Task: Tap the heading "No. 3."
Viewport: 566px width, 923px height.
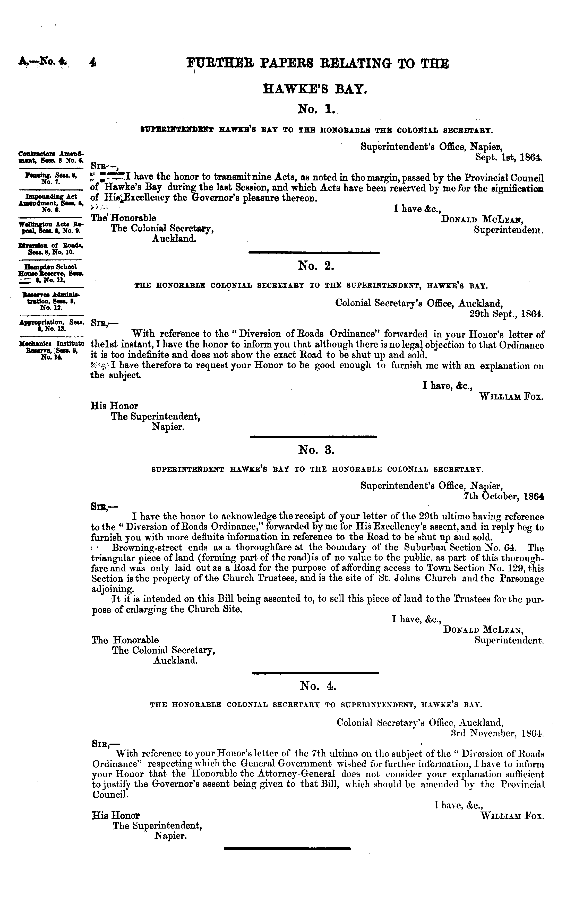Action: pos(316,450)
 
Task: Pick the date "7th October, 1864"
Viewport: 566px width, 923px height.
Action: pos(503,496)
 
